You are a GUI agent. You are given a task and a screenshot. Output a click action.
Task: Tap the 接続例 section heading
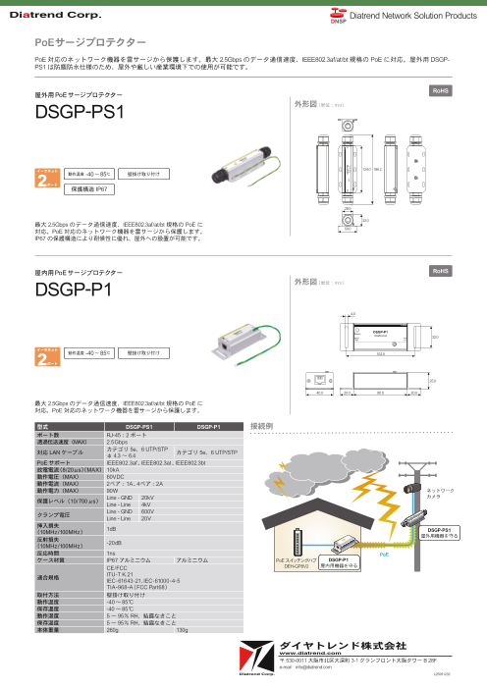pyautogui.click(x=262, y=427)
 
